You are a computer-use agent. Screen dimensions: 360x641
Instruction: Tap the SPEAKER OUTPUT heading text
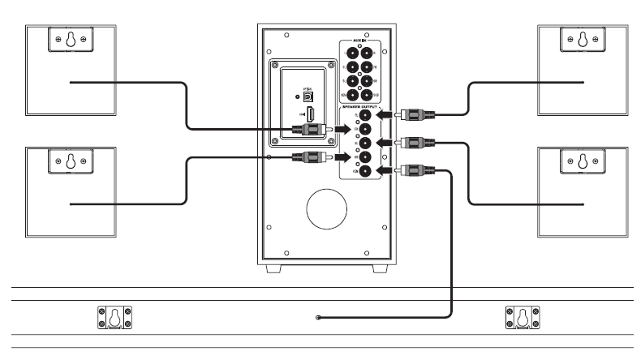coord(358,106)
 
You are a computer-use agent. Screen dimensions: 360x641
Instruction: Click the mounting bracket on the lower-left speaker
coord(70,160)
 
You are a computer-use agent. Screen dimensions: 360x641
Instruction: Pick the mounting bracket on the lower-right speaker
coord(583,160)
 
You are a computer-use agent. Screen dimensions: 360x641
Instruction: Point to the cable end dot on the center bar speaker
coord(319,317)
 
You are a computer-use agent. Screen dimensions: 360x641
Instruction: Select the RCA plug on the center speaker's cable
coord(410,170)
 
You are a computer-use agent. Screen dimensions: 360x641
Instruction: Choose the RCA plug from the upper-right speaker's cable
coord(410,115)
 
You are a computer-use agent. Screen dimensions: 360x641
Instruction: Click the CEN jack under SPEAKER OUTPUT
coord(365,171)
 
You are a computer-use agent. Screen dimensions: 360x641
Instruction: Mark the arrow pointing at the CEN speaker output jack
coord(385,170)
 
